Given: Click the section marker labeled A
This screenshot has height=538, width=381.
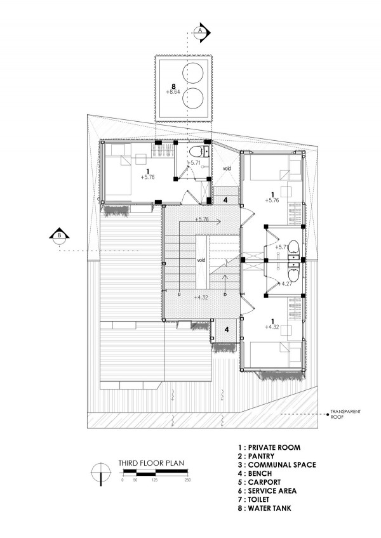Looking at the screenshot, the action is coord(202,32).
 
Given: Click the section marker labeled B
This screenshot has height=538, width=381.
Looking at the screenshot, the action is coord(60,237).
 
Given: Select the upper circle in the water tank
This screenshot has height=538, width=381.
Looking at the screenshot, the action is coord(192,73).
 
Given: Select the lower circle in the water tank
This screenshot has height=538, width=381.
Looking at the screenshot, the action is coord(192,98).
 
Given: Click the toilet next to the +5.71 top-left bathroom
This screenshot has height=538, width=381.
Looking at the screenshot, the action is coord(196,151).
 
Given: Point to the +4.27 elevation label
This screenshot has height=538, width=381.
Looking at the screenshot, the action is coord(285,284).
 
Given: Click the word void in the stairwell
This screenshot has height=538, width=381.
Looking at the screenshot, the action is coord(201,260).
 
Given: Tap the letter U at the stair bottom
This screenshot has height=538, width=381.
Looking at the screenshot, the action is coord(179,294).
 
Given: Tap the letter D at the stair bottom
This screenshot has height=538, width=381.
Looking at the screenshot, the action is coord(225,294).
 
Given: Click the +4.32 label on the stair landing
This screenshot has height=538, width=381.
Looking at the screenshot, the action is coord(201,297).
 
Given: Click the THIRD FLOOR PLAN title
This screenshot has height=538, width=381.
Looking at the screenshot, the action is coord(151,463).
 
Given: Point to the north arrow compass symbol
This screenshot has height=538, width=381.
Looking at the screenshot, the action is coord(101,473).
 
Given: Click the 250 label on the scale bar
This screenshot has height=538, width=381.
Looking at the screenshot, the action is coord(187,480).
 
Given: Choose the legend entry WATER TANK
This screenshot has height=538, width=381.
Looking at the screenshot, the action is coord(264,508).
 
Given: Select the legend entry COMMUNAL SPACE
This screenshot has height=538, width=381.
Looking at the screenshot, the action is coord(277,464).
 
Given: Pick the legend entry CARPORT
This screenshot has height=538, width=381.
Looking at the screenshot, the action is coord(259,482).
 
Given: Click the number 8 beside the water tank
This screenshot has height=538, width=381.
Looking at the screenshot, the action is coord(173,86).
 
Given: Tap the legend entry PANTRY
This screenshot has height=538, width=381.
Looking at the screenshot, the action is coord(256,456).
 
